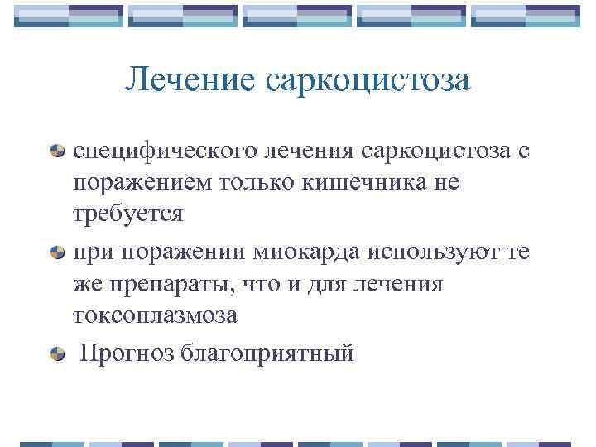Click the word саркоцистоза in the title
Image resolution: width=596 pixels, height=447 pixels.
click(x=368, y=79)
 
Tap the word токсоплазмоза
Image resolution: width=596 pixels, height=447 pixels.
click(x=155, y=315)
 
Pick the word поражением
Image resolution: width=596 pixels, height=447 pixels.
click(x=142, y=182)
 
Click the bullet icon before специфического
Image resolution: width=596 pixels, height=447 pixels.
click(x=58, y=151)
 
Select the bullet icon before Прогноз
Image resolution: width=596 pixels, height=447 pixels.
click(x=58, y=354)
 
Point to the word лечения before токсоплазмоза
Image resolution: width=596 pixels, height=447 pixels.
click(x=401, y=284)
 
